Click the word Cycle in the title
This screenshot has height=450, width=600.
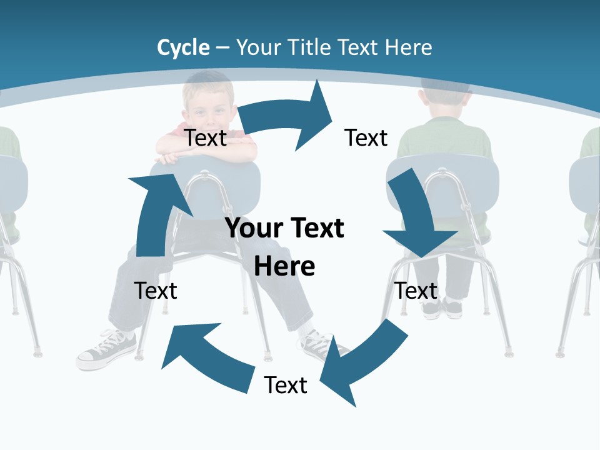pos(183,47)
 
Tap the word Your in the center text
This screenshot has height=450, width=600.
pos(253,228)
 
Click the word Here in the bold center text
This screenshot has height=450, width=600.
pos(284,266)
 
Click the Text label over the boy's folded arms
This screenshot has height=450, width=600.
pos(206,137)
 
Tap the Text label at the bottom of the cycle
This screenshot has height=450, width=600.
pos(286,385)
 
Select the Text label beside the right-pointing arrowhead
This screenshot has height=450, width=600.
pos(366,137)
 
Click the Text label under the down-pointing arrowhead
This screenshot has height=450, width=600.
pos(416,291)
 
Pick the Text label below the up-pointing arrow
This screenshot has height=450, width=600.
pos(156,291)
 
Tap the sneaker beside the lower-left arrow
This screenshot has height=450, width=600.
pos(106,350)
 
